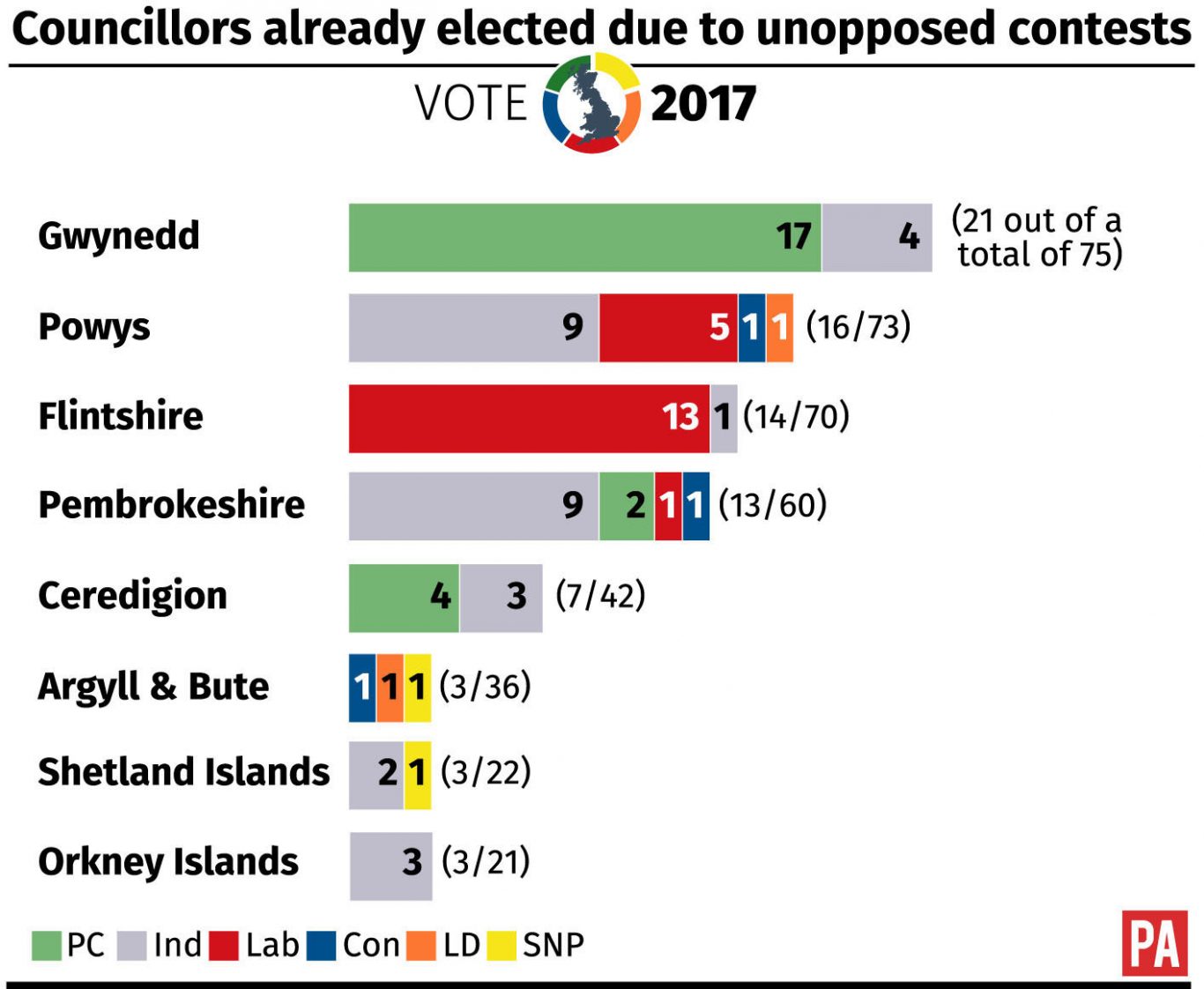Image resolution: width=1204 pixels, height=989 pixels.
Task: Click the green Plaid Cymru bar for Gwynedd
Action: [584, 237]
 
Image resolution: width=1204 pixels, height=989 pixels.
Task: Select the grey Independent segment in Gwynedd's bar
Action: [876, 237]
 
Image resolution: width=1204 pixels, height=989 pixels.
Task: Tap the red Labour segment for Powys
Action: [667, 328]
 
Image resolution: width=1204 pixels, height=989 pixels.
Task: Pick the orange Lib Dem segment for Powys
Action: [779, 328]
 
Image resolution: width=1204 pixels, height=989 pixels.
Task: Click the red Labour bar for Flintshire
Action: [529, 418]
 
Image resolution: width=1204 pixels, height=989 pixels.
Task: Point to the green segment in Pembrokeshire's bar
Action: [626, 506]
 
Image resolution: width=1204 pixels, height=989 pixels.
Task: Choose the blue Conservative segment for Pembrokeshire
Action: [695, 506]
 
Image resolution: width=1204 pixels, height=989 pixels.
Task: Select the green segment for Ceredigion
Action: [404, 598]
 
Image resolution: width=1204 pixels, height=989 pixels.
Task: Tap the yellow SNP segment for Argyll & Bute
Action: [417, 688]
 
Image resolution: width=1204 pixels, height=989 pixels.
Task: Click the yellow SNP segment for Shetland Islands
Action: [417, 775]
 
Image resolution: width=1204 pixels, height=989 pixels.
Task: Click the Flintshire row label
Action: [121, 416]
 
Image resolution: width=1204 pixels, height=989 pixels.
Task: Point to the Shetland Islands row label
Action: [183, 772]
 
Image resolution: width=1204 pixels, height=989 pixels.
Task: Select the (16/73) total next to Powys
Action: [858, 327]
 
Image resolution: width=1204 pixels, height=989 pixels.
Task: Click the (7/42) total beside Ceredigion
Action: [600, 596]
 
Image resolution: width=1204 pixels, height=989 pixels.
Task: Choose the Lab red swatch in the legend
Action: [224, 946]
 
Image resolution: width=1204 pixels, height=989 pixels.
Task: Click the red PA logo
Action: [1154, 943]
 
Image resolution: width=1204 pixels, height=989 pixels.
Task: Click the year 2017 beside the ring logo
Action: [703, 104]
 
